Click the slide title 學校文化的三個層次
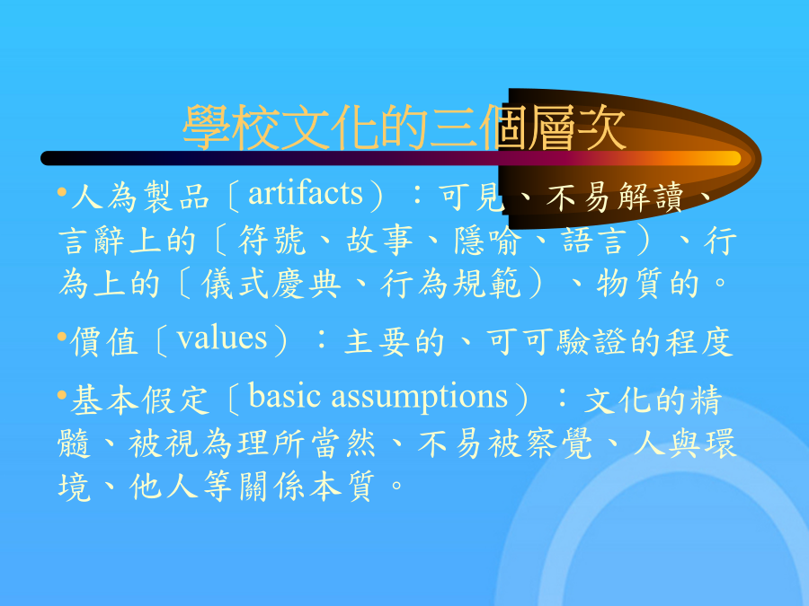pyautogui.click(x=404, y=127)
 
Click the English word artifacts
pyautogui.click(x=306, y=194)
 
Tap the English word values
pyautogui.click(x=222, y=338)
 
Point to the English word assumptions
pyautogui.click(x=420, y=399)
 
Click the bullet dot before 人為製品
pyautogui.click(x=62, y=193)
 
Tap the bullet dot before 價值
pyautogui.click(x=62, y=338)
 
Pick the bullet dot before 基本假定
pyautogui.click(x=62, y=396)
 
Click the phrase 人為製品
pyautogui.click(x=140, y=197)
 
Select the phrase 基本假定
pyautogui.click(x=140, y=400)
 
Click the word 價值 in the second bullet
pyautogui.click(x=104, y=342)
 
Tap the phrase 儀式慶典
pyautogui.click(x=271, y=284)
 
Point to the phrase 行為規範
pyautogui.click(x=451, y=284)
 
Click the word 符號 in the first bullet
pyautogui.click(x=271, y=240)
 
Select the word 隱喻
pyautogui.click(x=487, y=240)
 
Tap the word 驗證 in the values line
pyautogui.click(x=593, y=342)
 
